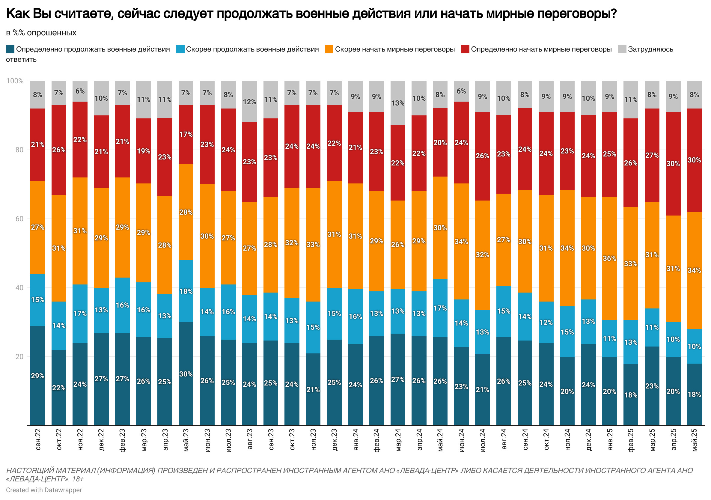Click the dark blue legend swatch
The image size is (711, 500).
pyautogui.click(x=10, y=49)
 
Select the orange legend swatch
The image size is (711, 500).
pyautogui.click(x=329, y=49)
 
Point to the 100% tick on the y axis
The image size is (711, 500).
pyautogui.click(x=15, y=81)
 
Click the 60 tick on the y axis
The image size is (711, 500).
pyautogui.click(x=19, y=219)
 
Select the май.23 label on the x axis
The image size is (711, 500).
pyautogui.click(x=186, y=440)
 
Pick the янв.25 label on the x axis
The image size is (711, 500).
pyautogui.click(x=609, y=440)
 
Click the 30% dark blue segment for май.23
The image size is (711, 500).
pyautogui.click(x=186, y=374)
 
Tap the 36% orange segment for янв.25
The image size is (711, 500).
pyautogui.click(x=609, y=258)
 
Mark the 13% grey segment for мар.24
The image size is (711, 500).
pyautogui.click(x=398, y=103)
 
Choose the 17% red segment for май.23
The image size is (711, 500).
pyautogui.click(x=186, y=134)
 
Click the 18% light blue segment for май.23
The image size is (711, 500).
pyautogui.click(x=186, y=291)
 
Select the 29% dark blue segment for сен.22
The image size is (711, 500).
pyautogui.click(x=38, y=376)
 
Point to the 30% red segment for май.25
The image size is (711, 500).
pyautogui.click(x=694, y=160)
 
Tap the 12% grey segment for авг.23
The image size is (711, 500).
pyautogui.click(x=249, y=102)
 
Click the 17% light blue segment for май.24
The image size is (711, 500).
pyautogui.click(x=440, y=308)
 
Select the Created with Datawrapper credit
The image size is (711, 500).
pyautogui.click(x=44, y=490)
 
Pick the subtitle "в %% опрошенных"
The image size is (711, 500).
pyautogui.click(x=41, y=33)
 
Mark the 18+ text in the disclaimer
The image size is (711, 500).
pyautogui.click(x=78, y=479)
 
